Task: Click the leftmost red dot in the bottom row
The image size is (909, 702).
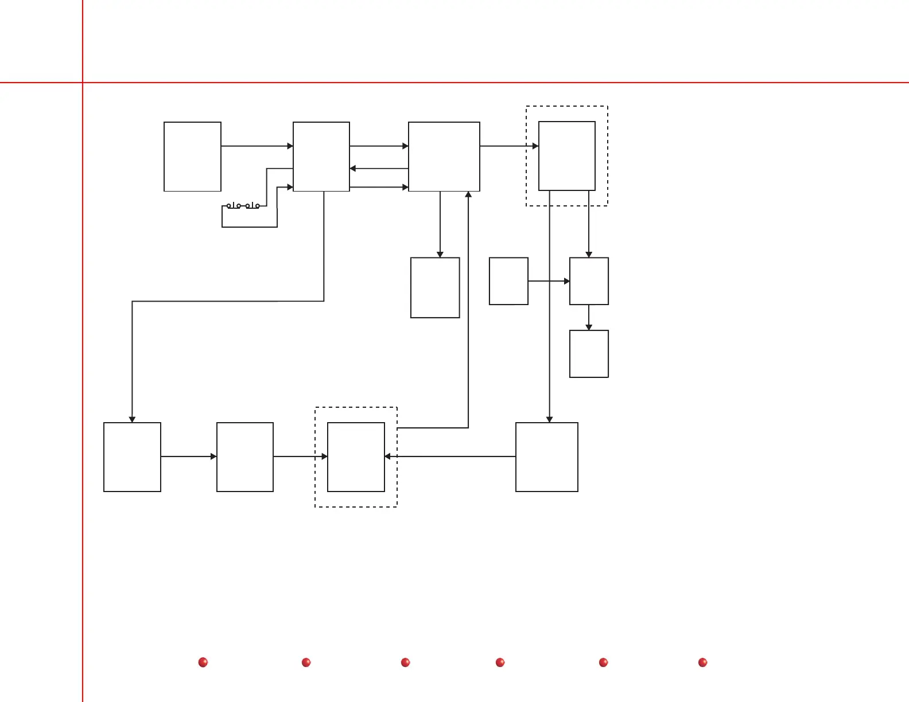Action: pos(203,662)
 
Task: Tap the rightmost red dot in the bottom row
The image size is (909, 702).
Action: pos(702,662)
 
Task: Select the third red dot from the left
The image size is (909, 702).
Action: pos(405,662)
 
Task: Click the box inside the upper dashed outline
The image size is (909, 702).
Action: pos(566,155)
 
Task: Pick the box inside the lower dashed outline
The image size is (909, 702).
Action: pos(356,457)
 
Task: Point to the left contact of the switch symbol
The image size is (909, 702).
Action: pos(234,205)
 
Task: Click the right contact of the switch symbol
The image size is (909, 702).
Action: pos(252,205)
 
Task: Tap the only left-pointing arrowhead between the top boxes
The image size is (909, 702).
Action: pos(353,169)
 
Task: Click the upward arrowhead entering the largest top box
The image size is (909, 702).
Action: pos(468,194)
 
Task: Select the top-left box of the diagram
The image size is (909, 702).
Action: pos(192,156)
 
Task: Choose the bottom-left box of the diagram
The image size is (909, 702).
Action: pos(132,457)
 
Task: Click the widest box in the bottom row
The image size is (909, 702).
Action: pos(546,457)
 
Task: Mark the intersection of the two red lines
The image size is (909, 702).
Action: pos(83,83)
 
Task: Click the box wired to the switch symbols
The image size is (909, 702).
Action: pos(321,156)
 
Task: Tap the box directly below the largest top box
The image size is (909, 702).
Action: pos(435,287)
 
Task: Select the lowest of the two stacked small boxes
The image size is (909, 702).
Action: pos(589,353)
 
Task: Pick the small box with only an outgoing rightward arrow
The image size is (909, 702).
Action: pos(508,281)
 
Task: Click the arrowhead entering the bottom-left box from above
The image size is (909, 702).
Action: pos(132,419)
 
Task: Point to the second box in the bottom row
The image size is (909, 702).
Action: pos(245,457)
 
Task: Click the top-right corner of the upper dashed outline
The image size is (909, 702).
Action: pos(608,106)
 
